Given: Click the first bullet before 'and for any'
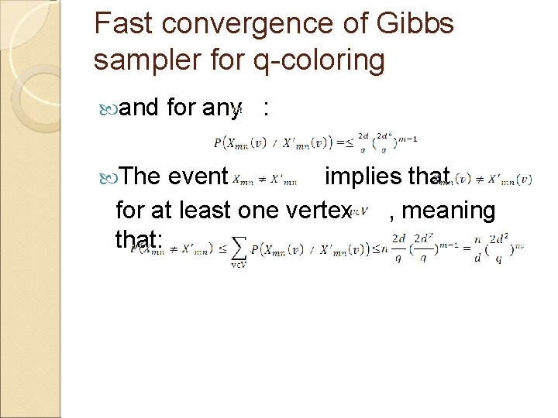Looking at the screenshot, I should [x=108, y=108].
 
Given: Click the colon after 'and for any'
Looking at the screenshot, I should [x=266, y=108].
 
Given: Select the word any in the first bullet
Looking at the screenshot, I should [x=220, y=108].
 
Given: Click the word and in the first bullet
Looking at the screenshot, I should [x=140, y=108].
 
